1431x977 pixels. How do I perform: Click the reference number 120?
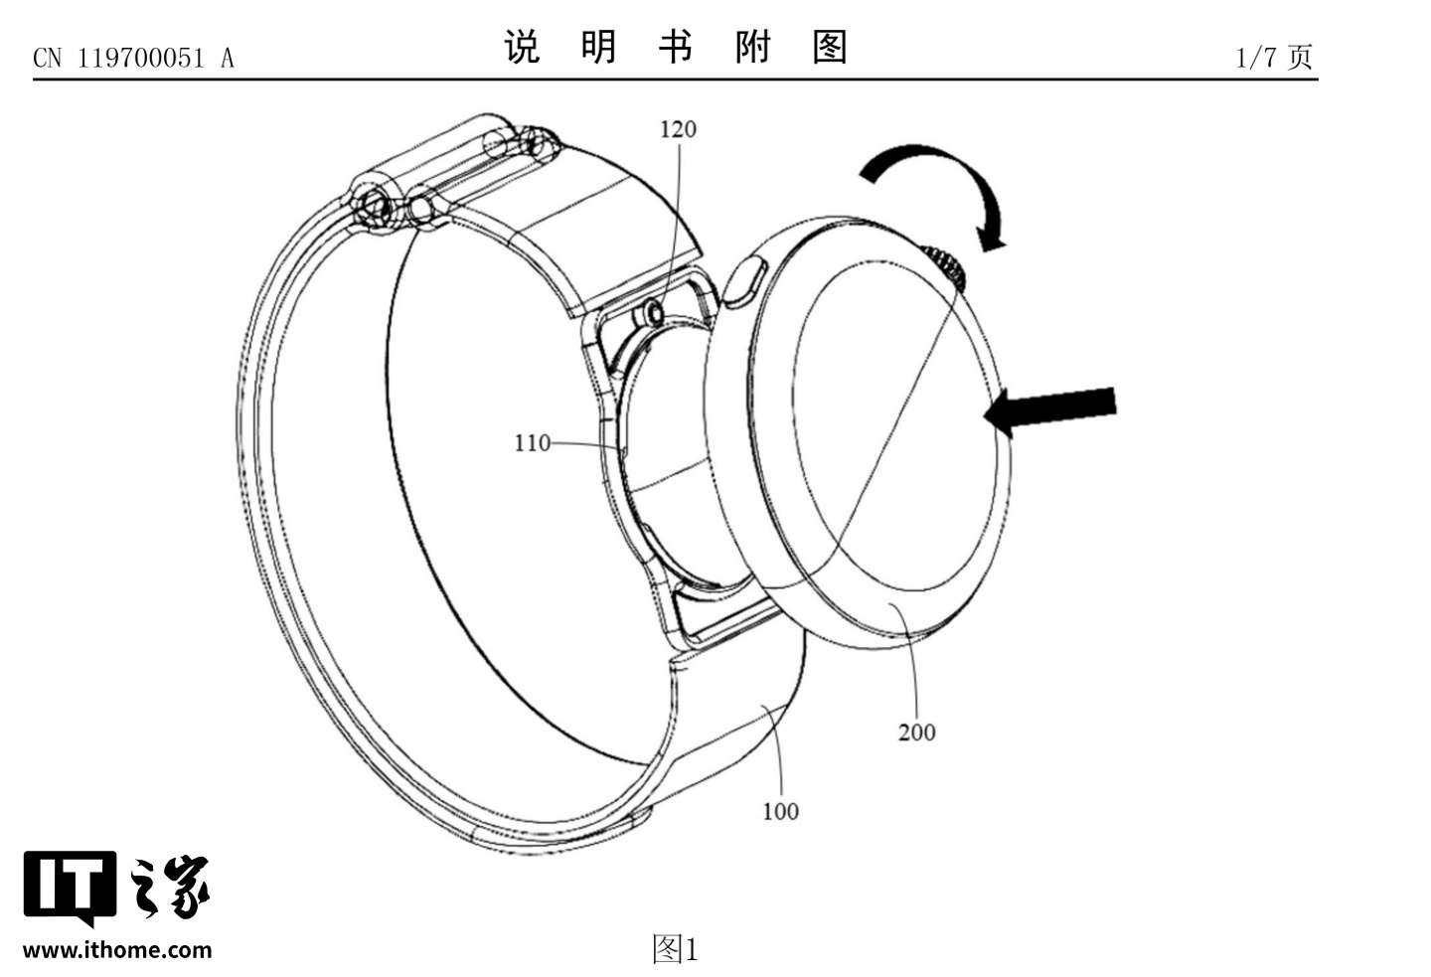click(x=678, y=129)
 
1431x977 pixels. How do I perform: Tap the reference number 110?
click(x=532, y=443)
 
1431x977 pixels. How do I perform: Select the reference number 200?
click(x=916, y=733)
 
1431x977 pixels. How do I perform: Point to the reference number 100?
click(x=780, y=812)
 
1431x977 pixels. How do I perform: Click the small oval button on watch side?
click(x=746, y=281)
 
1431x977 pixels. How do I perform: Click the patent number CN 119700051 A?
click(x=134, y=59)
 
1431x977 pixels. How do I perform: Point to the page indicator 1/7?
click(x=1256, y=58)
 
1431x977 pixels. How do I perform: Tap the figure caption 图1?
click(x=675, y=949)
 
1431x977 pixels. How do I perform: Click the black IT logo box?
click(x=68, y=883)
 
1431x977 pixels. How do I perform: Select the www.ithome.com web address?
click(x=117, y=950)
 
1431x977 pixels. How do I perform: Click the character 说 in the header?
click(x=523, y=47)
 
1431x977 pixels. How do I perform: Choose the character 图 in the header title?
click(x=829, y=47)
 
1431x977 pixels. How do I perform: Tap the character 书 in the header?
click(x=675, y=47)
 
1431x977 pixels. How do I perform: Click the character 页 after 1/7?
click(x=1300, y=57)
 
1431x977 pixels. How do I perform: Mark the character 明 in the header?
click(x=598, y=47)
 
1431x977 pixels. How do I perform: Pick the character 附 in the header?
click(x=752, y=47)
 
